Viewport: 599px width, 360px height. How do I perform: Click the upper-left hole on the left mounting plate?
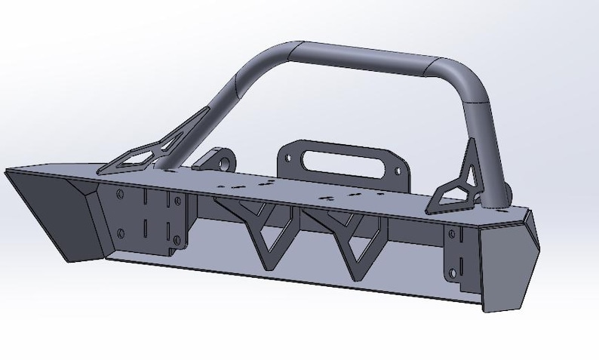(121, 195)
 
